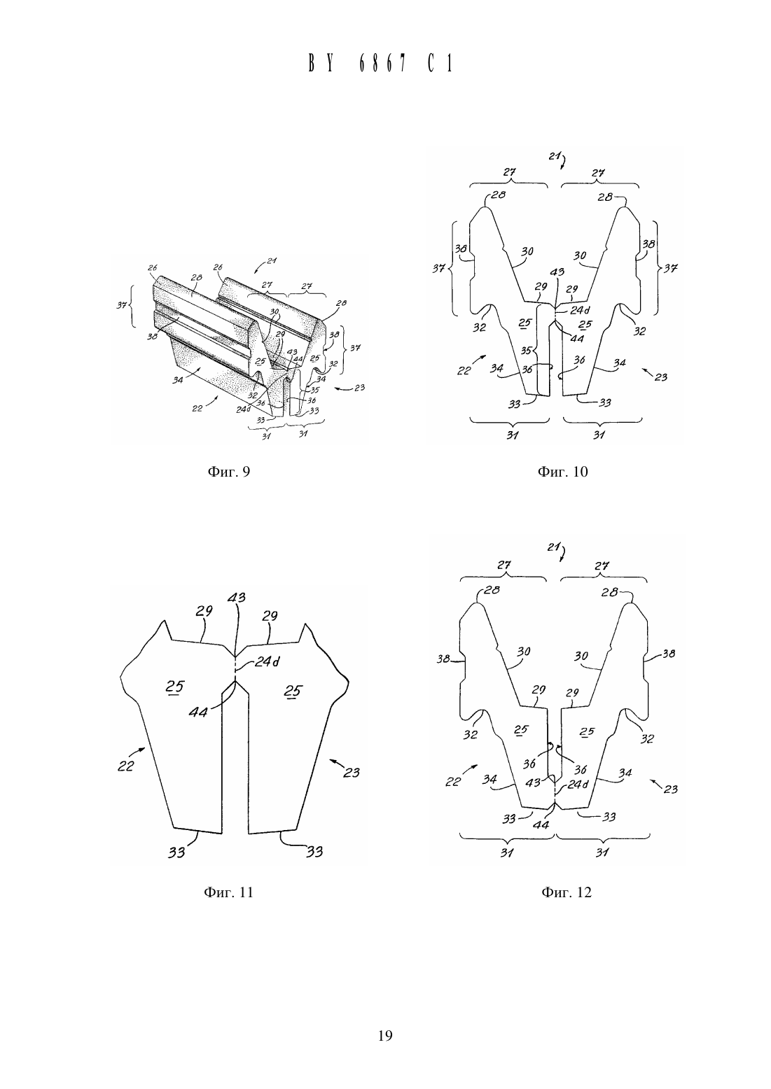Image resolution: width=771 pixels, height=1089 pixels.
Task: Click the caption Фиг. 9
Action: [228, 472]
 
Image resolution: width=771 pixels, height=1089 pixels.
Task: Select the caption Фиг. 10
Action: [562, 472]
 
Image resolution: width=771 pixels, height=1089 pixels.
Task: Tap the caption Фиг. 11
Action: [228, 892]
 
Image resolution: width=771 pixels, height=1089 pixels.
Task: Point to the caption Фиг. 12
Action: [567, 892]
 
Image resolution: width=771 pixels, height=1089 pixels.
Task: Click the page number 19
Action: [385, 1036]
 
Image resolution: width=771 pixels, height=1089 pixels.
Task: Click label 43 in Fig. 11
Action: [236, 598]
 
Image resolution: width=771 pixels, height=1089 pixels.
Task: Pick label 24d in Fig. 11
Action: [267, 661]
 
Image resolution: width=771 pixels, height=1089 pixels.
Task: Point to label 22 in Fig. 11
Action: [125, 766]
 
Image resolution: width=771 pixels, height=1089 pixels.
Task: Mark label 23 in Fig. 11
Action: [352, 772]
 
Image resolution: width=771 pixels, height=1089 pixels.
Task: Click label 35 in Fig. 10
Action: [526, 350]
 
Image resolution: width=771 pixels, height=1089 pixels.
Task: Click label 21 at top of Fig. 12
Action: [553, 547]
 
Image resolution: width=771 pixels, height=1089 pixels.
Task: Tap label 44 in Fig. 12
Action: [541, 824]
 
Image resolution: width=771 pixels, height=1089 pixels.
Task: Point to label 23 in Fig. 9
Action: [359, 388]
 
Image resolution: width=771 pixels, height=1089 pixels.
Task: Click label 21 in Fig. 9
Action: [272, 260]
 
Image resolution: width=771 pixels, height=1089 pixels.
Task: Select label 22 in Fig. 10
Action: [464, 370]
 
